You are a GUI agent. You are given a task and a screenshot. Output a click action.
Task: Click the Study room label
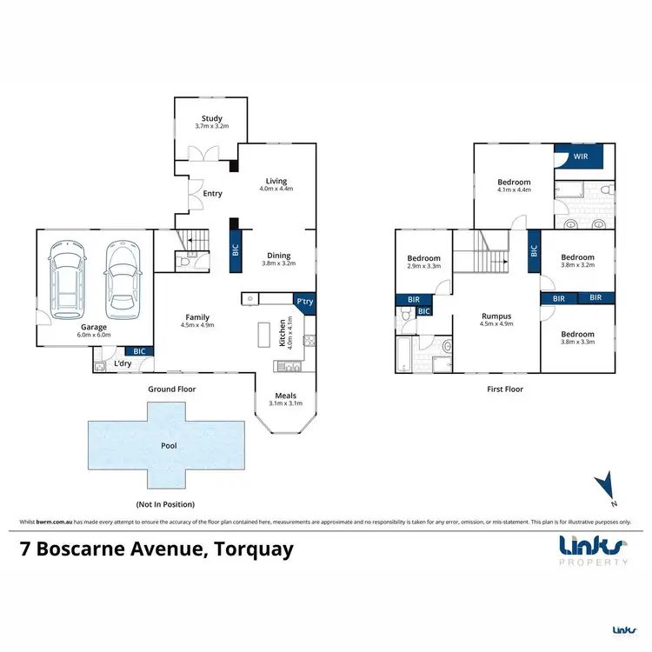click(x=212, y=118)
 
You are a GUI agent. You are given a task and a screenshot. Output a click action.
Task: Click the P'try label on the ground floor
click(x=304, y=302)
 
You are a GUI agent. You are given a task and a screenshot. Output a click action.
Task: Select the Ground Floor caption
click(x=172, y=389)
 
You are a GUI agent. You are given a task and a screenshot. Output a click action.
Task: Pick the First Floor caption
click(x=505, y=389)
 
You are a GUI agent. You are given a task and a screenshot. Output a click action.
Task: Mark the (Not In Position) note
click(x=165, y=504)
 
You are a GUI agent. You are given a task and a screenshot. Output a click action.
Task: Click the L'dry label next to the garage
click(x=123, y=363)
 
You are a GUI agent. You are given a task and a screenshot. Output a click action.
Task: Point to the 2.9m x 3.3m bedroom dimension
click(x=424, y=266)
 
